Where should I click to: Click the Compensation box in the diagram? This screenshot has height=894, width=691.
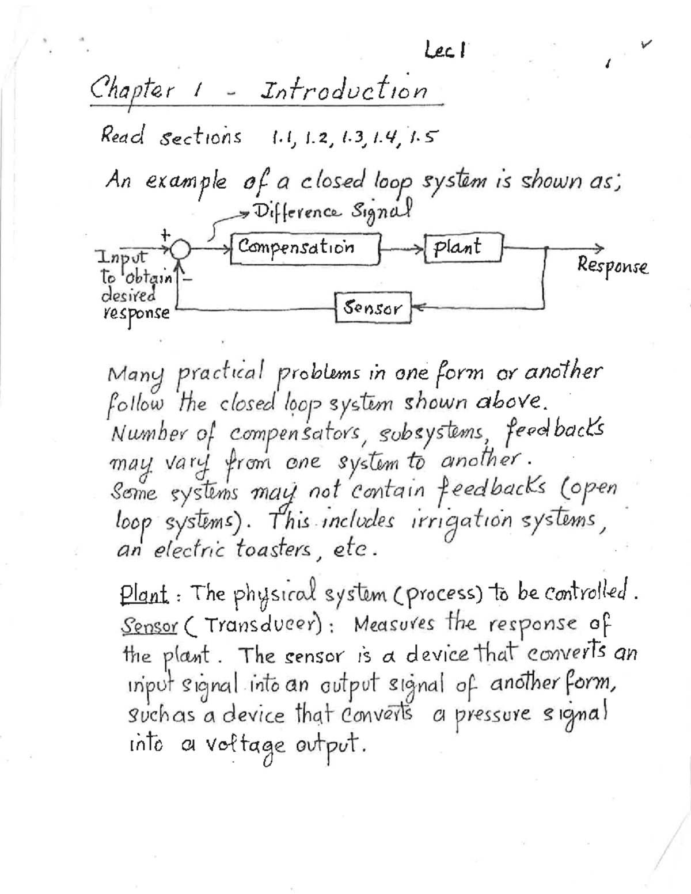(x=305, y=249)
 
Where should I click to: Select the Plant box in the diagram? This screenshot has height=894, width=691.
(x=464, y=248)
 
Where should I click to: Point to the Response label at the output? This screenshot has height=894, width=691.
(x=613, y=266)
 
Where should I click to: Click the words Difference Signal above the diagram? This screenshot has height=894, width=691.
(x=334, y=212)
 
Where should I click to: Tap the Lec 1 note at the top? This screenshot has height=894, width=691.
(x=445, y=52)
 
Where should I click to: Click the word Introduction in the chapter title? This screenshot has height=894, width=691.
(x=344, y=90)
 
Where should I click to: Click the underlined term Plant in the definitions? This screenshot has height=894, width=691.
(x=144, y=593)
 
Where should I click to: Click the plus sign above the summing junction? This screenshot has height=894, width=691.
(x=165, y=234)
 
